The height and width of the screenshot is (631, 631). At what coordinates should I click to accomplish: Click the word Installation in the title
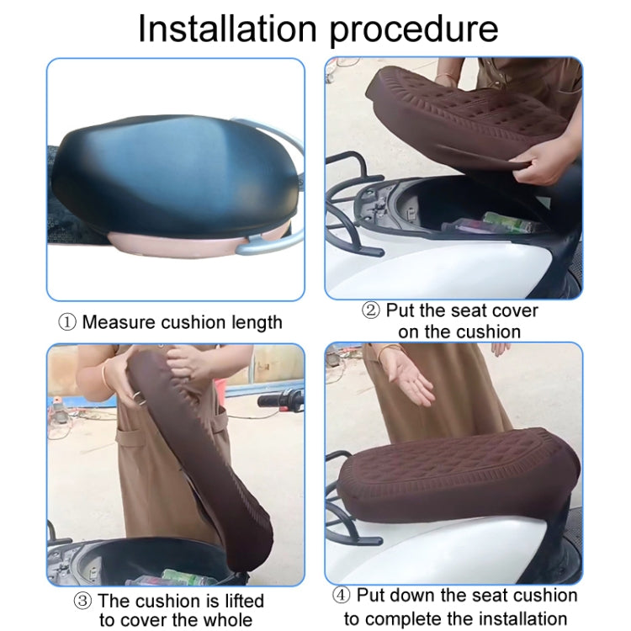227,28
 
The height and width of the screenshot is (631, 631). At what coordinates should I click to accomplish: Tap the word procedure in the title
412,29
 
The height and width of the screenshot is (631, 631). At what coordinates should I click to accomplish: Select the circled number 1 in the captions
68,322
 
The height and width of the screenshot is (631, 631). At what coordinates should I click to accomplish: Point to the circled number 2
371,310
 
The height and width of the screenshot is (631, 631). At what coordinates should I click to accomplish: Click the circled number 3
83,601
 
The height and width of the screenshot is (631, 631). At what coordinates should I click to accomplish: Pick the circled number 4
342,596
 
